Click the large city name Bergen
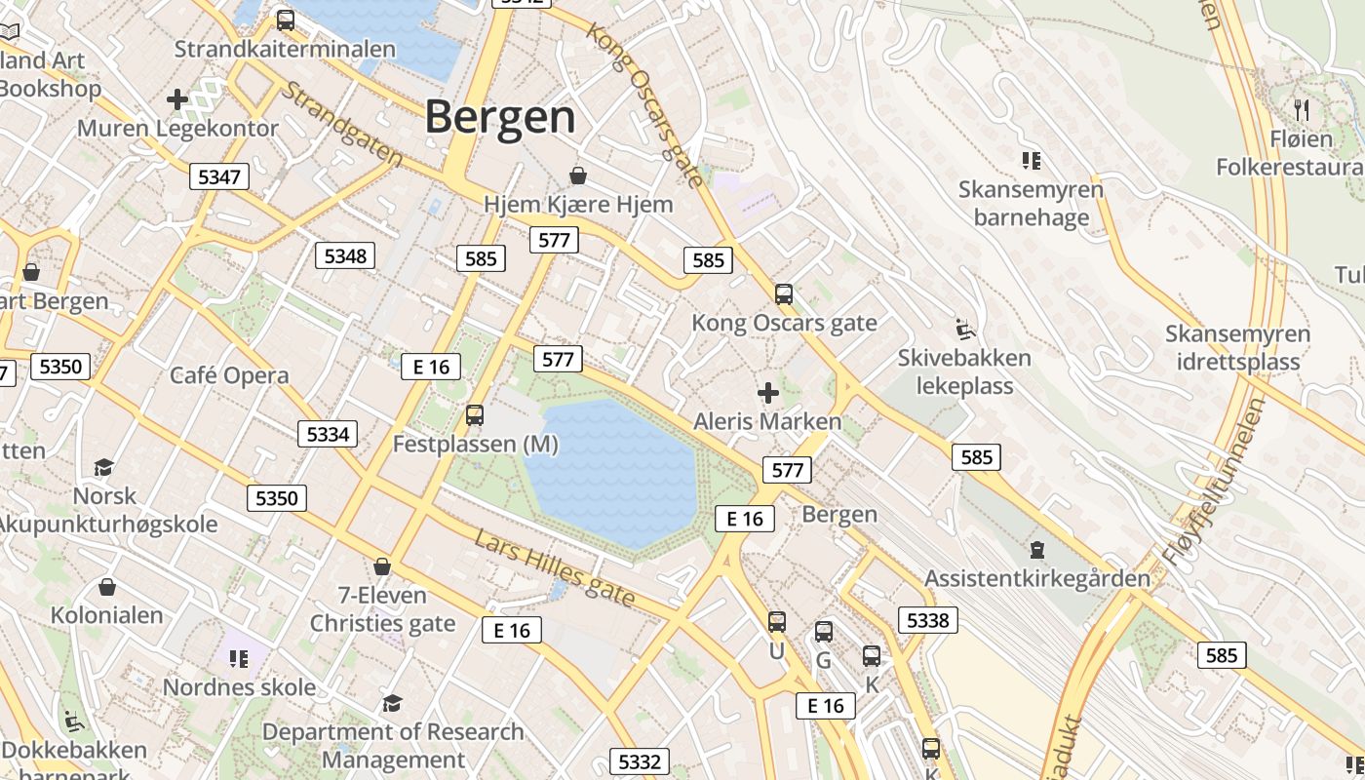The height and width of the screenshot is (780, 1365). click(x=500, y=117)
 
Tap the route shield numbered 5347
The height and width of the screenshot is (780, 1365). click(x=218, y=176)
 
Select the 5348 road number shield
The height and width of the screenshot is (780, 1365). click(x=345, y=255)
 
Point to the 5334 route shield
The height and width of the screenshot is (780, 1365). click(x=328, y=434)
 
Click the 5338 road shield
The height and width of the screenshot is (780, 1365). click(x=927, y=620)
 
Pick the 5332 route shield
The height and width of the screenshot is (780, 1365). click(x=640, y=761)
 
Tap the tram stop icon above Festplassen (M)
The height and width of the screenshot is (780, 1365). click(x=475, y=415)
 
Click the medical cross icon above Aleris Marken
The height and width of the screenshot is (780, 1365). click(x=768, y=393)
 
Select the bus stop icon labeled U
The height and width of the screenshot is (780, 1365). click(x=776, y=622)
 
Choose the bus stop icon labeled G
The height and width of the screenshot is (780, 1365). click(x=824, y=632)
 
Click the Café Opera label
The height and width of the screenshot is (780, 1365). click(x=229, y=375)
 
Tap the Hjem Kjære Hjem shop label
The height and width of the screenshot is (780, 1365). click(x=578, y=205)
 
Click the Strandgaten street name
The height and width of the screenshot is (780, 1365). click(x=341, y=123)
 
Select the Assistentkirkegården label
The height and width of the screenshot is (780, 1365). click(x=1037, y=578)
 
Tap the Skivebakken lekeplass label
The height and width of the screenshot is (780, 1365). click(x=964, y=371)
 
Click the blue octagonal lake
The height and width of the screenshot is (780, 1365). click(x=611, y=472)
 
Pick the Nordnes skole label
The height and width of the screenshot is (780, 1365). click(x=239, y=687)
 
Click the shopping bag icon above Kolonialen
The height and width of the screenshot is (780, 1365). click(x=107, y=587)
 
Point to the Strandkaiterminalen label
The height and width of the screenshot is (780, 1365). click(x=285, y=49)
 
